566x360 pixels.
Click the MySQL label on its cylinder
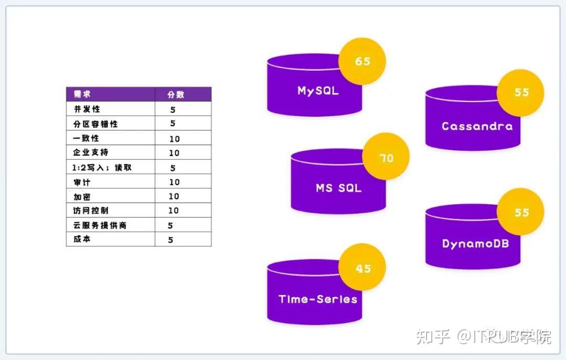tap(318, 91)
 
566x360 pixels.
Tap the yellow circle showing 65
tap(362, 61)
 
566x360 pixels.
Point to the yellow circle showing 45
tap(362, 267)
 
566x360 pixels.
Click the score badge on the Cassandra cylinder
tap(520, 93)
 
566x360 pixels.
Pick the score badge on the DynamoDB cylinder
tap(520, 212)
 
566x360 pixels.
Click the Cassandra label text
tap(477, 126)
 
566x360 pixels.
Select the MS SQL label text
tap(339, 188)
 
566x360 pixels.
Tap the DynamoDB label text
tap(475, 244)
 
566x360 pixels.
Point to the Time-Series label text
tap(318, 299)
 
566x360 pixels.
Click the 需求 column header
tap(82, 94)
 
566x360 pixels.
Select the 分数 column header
tap(176, 95)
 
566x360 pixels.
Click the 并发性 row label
tap(86, 109)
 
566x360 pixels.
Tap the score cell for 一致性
tap(175, 139)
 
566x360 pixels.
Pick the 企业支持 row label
tap(91, 152)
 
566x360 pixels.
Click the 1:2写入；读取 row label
tap(102, 168)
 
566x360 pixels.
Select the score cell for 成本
tap(171, 240)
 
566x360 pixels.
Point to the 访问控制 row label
tap(91, 211)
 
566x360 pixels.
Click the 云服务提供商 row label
tap(100, 225)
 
